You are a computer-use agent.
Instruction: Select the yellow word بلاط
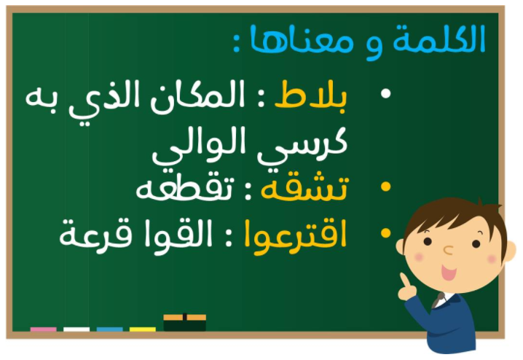(x=311, y=95)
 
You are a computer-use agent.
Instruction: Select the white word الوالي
(x=199, y=146)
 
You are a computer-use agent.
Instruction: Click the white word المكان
(x=197, y=98)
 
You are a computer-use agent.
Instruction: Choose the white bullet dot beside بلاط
(x=385, y=93)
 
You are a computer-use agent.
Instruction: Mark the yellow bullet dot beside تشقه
(x=385, y=187)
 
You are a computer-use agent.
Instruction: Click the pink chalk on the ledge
(x=44, y=329)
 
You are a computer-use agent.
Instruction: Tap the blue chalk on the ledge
(x=110, y=329)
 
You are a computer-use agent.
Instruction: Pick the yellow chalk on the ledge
(x=143, y=329)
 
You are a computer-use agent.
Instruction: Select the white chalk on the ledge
(x=76, y=329)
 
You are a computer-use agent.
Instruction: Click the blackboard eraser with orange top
(x=184, y=322)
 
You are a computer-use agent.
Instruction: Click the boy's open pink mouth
(x=449, y=273)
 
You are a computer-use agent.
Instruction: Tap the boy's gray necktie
(x=438, y=300)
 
